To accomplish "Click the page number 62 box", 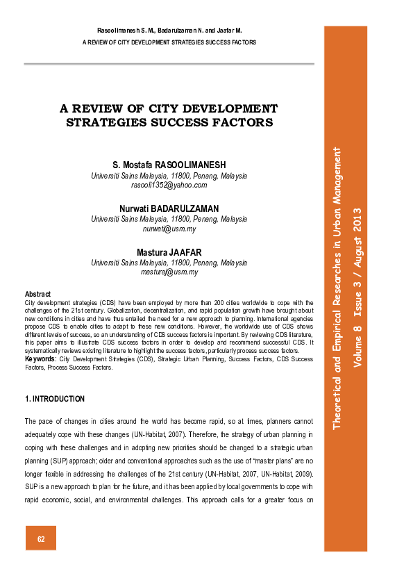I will [x=41, y=538].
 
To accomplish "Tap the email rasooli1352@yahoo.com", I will [x=169, y=186].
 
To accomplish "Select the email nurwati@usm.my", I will [x=169, y=229].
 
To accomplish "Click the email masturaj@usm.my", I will [x=169, y=272].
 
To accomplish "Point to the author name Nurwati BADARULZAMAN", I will [x=169, y=208].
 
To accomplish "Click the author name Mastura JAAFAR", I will [x=169, y=252].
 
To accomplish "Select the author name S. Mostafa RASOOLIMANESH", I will [x=169, y=165].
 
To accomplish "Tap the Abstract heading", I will [x=37, y=295].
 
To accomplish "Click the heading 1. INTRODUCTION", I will [x=55, y=399].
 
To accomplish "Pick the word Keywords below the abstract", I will [x=40, y=359].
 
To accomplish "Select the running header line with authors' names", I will [x=169, y=31].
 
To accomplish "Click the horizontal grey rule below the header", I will [x=169, y=65].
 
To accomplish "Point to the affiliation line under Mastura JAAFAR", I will [x=169, y=263].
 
